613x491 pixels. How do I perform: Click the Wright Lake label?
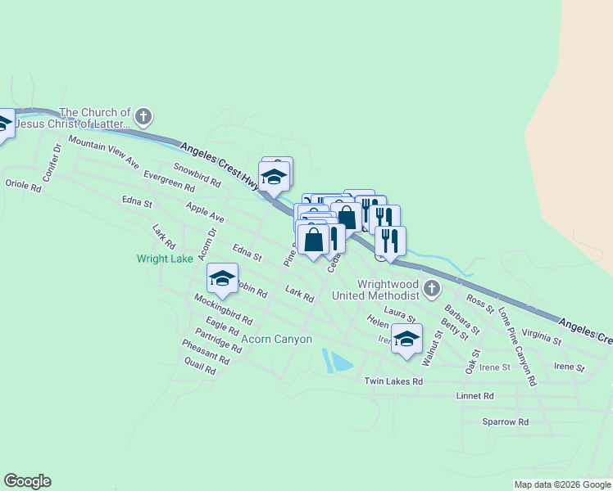pos(165,259)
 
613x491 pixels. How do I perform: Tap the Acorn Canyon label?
pos(276,339)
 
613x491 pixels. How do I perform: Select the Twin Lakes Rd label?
pos(393,381)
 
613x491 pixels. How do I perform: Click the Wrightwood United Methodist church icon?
pos(433,289)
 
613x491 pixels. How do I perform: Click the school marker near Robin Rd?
pos(222,278)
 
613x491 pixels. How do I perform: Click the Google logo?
pos(27,481)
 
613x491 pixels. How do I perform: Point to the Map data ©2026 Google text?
pos(561,484)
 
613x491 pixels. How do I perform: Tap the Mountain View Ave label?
pos(103,152)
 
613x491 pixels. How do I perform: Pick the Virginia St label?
pos(541,336)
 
